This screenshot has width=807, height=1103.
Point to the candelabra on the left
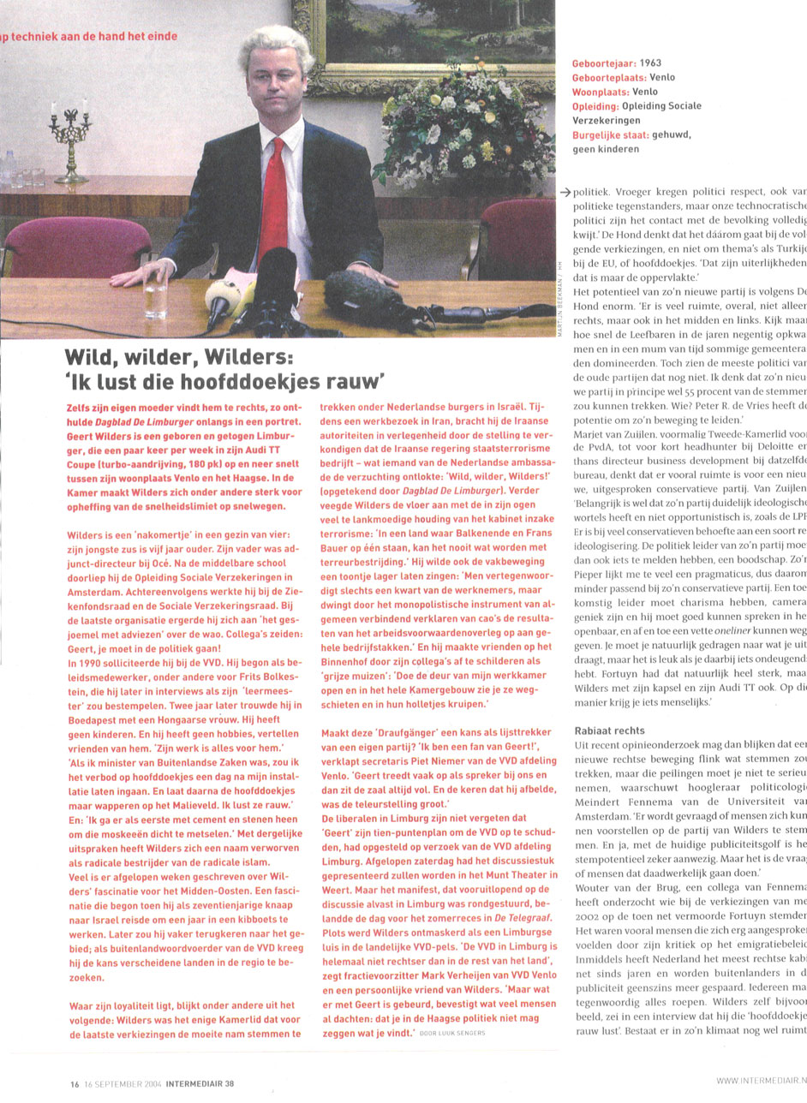tap(70, 137)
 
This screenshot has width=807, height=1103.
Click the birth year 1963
tap(650, 63)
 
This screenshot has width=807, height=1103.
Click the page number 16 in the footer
tap(75, 1082)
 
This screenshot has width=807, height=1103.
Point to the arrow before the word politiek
tap(565, 191)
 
